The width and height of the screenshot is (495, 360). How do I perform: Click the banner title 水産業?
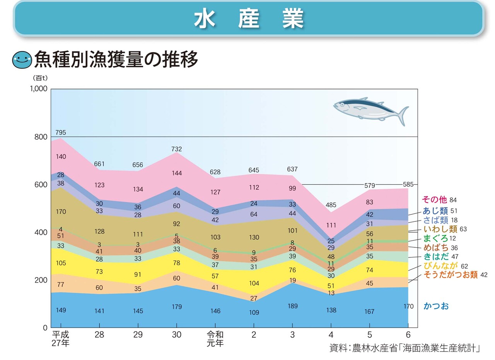click(x=249, y=19)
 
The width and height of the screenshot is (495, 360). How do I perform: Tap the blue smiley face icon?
click(x=22, y=60)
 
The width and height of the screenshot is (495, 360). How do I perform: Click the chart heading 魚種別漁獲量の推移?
click(x=116, y=60)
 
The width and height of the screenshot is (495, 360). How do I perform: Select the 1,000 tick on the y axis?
click(x=38, y=89)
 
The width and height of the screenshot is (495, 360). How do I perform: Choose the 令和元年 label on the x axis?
click(x=215, y=338)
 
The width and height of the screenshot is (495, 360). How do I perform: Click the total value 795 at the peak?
click(x=61, y=132)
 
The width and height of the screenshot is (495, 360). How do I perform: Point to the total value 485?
click(x=331, y=205)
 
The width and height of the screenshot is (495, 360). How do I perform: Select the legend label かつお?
click(x=436, y=306)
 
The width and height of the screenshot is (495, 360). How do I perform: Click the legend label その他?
click(x=434, y=200)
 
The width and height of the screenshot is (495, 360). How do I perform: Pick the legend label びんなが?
click(x=440, y=266)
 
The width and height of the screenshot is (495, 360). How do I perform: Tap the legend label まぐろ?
click(x=435, y=238)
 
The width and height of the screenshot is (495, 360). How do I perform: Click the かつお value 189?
click(x=293, y=306)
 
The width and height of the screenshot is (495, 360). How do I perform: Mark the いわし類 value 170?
click(x=61, y=212)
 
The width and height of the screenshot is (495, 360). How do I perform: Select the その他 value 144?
click(x=177, y=173)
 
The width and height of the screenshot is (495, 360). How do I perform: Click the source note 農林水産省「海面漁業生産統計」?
click(x=405, y=348)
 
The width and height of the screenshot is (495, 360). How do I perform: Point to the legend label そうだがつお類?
click(x=451, y=275)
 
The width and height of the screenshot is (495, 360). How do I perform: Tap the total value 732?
click(x=177, y=149)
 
